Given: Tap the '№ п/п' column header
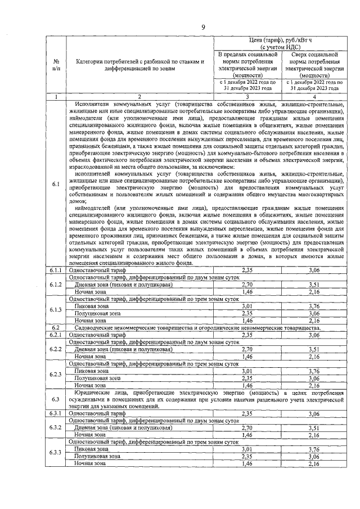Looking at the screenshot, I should click(x=56, y=65).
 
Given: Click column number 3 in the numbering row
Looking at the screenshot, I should click(x=247, y=97).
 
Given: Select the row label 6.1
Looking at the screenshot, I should click(x=56, y=184).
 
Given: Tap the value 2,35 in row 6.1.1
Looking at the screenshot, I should click(x=247, y=271).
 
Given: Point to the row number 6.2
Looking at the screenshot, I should click(x=56, y=327).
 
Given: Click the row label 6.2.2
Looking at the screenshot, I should click(x=56, y=349).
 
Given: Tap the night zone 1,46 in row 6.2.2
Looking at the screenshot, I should click(x=247, y=356).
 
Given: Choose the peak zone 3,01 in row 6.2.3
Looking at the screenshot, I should click(x=247, y=371).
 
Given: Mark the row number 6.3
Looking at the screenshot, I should click(x=56, y=399).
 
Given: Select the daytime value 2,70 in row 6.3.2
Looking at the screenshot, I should click(x=247, y=428).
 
